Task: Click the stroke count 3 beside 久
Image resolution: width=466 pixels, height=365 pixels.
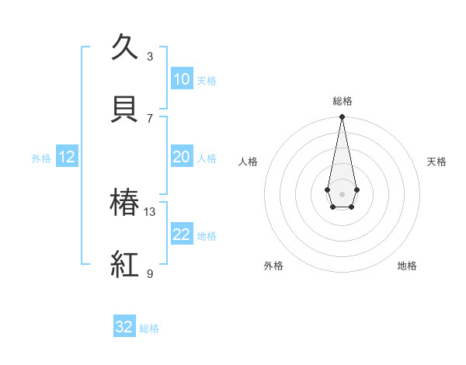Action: pos(150,56)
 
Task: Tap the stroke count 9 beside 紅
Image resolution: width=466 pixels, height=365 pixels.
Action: pos(150,273)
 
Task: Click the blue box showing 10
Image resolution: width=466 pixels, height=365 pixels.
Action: pos(181,79)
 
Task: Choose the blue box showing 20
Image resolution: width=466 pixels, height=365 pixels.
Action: pos(181,157)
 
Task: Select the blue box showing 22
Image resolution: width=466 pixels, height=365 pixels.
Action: pos(181,235)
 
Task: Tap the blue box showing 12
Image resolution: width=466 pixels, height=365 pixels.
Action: pos(66,157)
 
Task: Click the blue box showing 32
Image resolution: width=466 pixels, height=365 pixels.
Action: pos(124,327)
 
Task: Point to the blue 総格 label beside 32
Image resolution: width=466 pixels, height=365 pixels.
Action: pos(149,328)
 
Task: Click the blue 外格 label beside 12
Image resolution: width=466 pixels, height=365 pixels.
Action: pos(41,158)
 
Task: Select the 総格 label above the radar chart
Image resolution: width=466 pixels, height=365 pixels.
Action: pos(342,101)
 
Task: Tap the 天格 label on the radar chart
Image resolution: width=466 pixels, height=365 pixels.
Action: pos(436,162)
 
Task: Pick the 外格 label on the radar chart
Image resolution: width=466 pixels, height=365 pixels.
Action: pos(273,266)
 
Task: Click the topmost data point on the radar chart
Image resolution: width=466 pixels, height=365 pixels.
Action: pos(342,116)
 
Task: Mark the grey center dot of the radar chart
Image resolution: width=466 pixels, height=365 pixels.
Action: pos(342,193)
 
